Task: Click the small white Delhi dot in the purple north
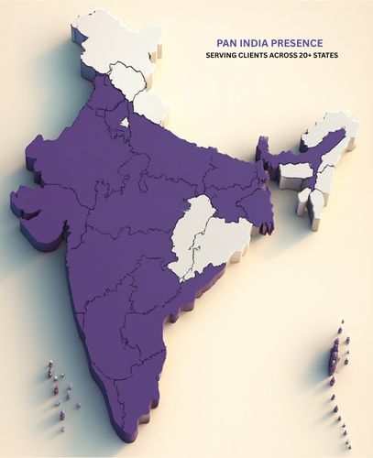tap(124, 121)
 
